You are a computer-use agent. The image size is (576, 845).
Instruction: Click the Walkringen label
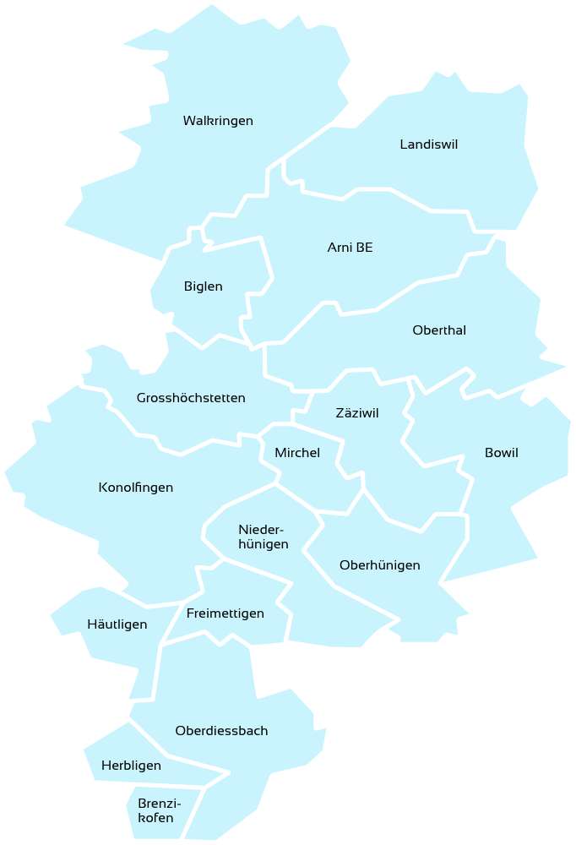[x=218, y=122]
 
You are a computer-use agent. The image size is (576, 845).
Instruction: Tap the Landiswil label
[x=428, y=145]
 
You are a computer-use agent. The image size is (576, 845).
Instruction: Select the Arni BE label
[x=350, y=248]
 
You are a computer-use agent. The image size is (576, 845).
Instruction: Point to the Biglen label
[x=203, y=287]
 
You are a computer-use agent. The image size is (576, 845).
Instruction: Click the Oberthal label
[x=439, y=330]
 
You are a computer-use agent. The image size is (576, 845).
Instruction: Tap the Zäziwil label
[x=357, y=414]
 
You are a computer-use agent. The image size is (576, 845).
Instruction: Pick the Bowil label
[x=502, y=454]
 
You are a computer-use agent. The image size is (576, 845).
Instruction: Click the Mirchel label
[x=297, y=454]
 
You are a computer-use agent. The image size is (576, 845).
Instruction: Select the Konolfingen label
[x=136, y=488]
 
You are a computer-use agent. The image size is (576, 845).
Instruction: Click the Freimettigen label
[x=226, y=613]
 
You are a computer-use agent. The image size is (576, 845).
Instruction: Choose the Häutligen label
[x=117, y=625]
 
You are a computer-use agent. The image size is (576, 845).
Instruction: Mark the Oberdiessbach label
[x=221, y=731]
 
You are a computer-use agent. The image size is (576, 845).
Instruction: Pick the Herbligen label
[x=131, y=766]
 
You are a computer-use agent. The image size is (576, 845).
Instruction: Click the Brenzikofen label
[x=159, y=811]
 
